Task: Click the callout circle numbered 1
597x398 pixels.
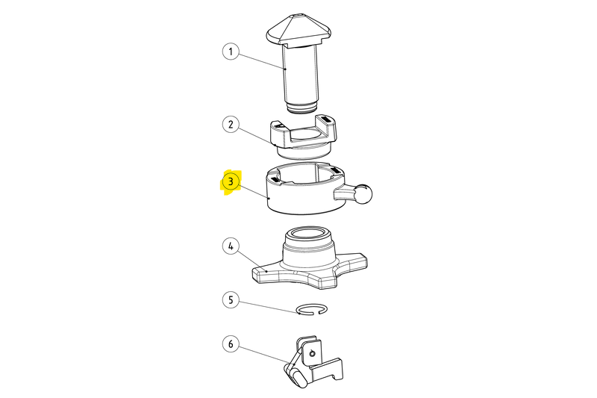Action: [231, 52]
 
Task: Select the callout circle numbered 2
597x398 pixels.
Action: [231, 125]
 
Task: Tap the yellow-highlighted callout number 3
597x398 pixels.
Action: [231, 181]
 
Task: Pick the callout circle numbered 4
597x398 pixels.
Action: [231, 246]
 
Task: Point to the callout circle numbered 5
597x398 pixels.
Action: [231, 299]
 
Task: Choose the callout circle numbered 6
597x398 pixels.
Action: [231, 344]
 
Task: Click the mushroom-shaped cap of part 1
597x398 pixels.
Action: [299, 31]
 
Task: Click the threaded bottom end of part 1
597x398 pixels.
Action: [301, 108]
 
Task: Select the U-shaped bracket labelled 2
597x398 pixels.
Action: [304, 137]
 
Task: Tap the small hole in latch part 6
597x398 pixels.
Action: [313, 354]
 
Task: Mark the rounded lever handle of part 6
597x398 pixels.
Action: [295, 373]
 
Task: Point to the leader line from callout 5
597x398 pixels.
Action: [268, 307]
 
